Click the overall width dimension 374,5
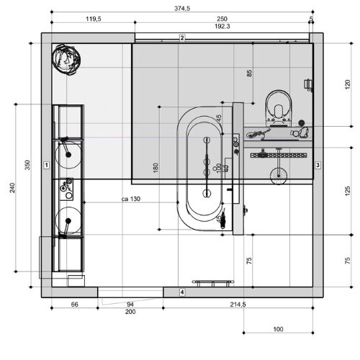point(182,9)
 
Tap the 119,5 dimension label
point(94,19)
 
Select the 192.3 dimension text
point(222,26)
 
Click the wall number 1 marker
point(47,165)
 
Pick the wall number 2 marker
point(182,38)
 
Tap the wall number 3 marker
point(318,165)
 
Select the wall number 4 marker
point(182,292)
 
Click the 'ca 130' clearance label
point(131,199)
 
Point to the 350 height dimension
point(27,165)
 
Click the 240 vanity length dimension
point(12,188)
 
